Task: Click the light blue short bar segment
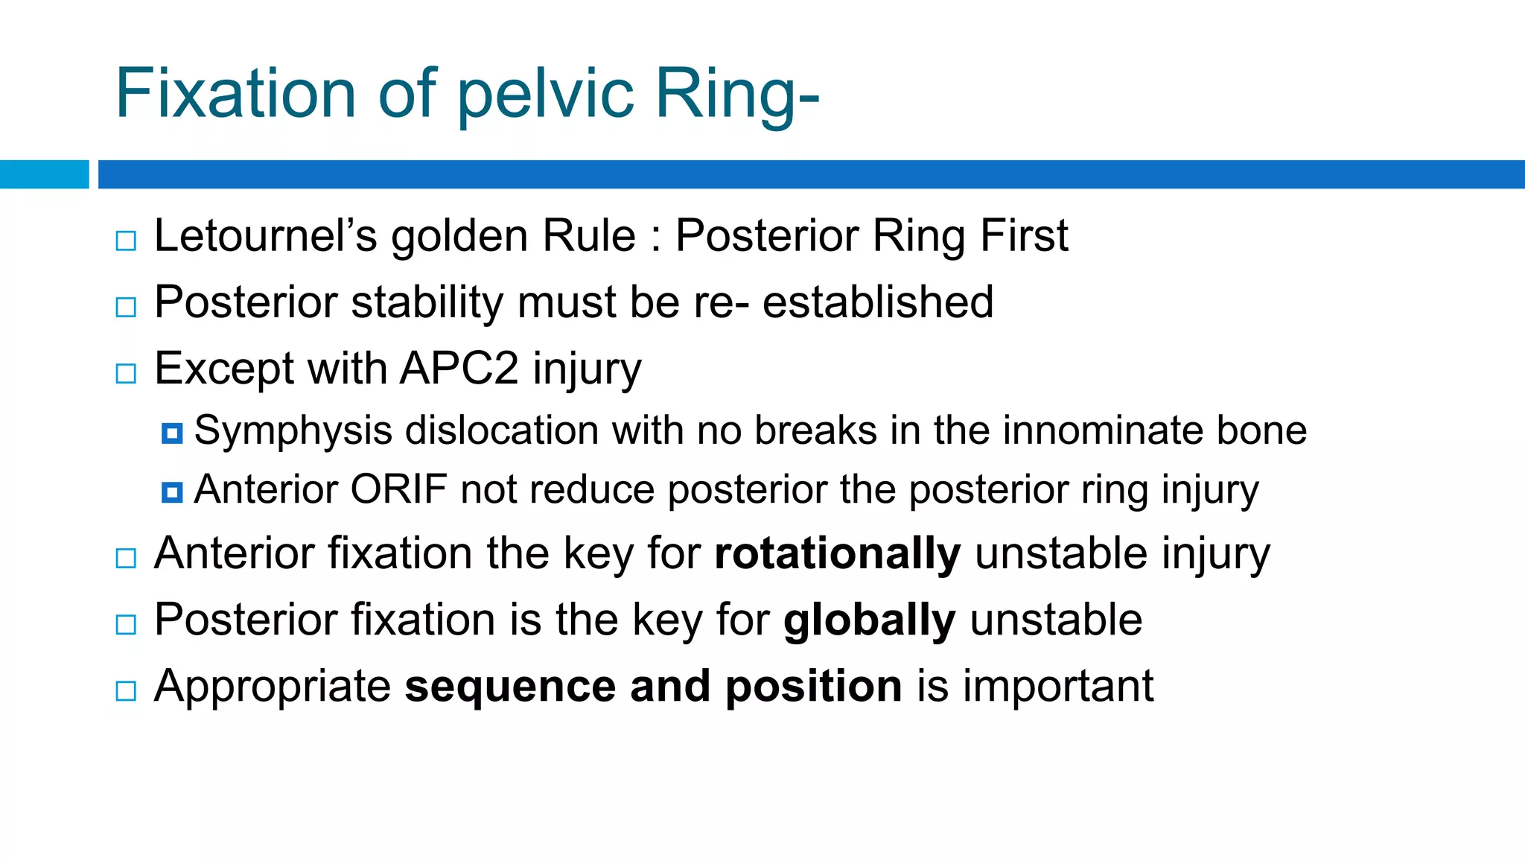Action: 44,174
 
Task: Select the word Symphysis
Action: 293,431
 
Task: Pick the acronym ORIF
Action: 398,490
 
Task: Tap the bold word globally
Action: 869,620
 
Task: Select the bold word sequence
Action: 510,686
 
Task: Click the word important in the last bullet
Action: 1058,686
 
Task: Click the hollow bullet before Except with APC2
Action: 127,373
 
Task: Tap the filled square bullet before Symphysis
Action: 172,433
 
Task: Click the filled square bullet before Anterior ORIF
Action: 172,492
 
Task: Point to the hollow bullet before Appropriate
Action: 127,690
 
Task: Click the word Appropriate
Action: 273,687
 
